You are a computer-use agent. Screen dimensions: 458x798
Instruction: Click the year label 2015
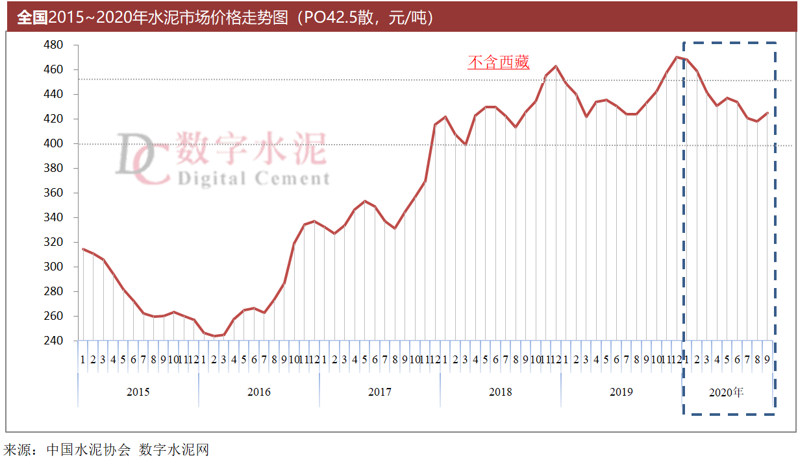[138, 392]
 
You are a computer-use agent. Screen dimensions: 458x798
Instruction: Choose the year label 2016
[259, 392]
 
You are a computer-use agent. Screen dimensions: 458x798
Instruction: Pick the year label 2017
[380, 392]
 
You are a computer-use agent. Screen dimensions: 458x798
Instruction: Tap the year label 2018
[501, 392]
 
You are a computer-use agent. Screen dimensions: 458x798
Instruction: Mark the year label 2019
[621, 392]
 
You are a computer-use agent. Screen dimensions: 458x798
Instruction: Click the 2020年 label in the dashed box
[727, 392]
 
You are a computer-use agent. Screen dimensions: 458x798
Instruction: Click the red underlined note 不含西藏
[499, 62]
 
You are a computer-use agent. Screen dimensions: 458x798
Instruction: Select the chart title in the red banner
[225, 18]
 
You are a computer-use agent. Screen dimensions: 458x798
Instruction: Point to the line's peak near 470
[677, 57]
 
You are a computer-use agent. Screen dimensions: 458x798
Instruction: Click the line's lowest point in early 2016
[214, 336]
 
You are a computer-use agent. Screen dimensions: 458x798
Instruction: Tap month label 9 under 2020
[767, 359]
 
